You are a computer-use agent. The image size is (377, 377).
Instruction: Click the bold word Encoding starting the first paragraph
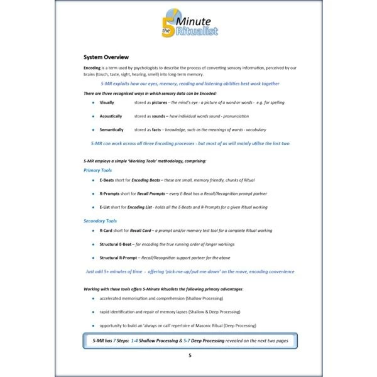(92, 67)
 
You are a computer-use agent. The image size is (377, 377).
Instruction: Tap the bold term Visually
(107, 101)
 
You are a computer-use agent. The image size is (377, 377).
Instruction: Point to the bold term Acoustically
(111, 116)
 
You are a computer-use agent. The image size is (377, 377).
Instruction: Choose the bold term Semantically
(111, 130)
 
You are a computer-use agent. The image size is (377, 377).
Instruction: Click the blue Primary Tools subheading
(98, 170)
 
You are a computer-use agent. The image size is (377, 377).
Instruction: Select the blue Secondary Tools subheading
(101, 221)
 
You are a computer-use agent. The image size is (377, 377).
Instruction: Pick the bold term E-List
(105, 207)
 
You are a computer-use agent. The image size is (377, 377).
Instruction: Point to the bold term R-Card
(106, 231)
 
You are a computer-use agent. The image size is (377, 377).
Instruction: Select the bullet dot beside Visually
(92, 101)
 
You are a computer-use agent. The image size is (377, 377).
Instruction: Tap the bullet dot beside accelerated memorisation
(92, 298)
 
